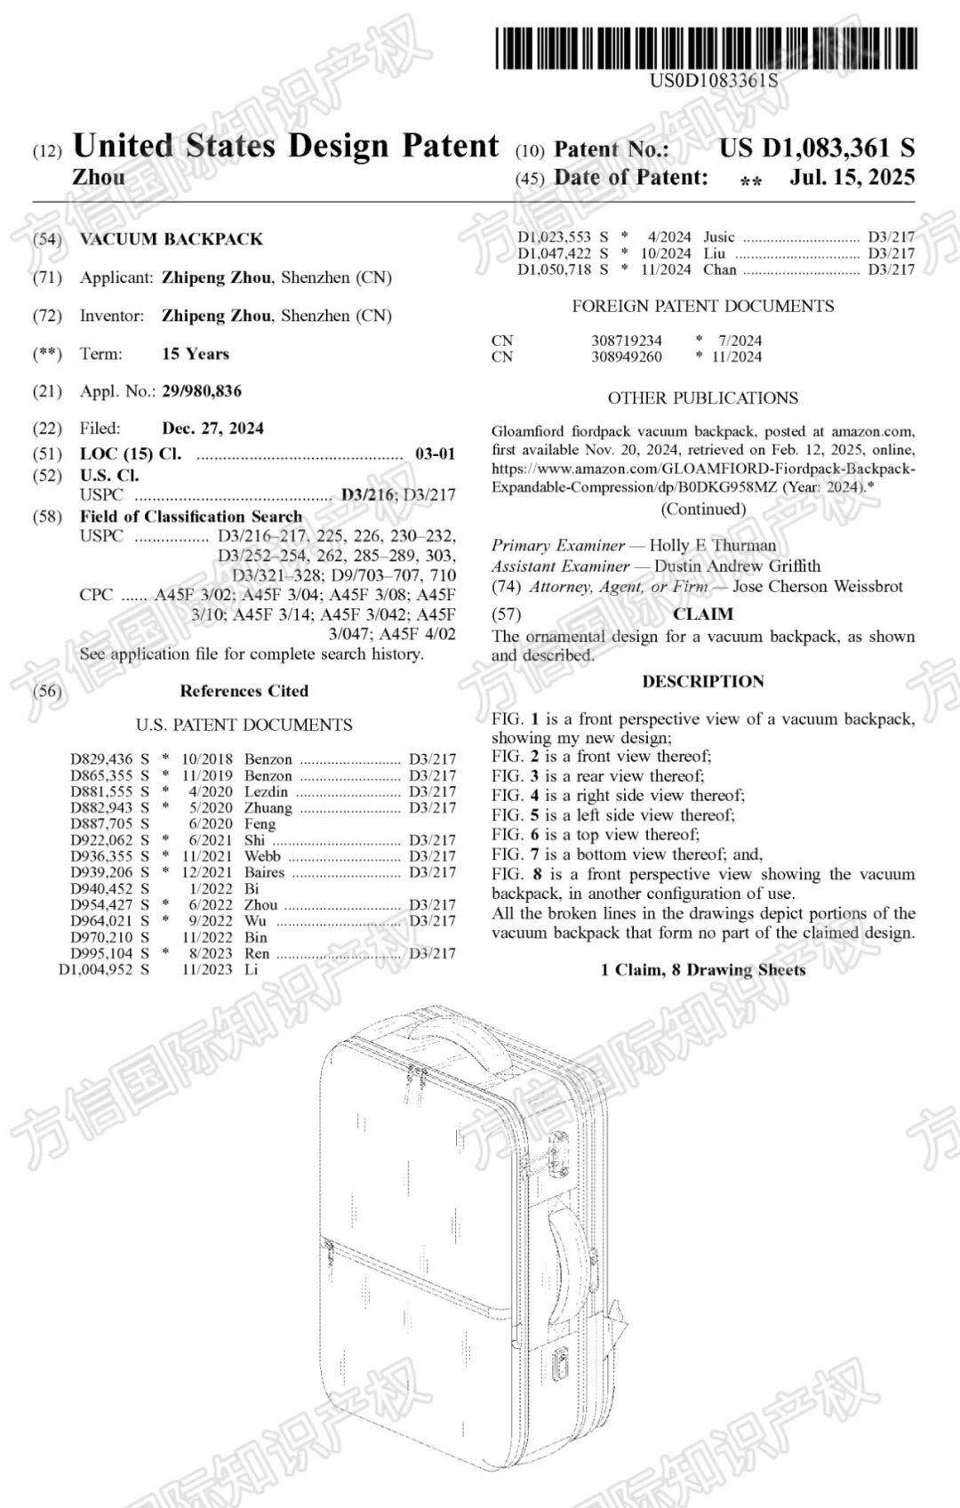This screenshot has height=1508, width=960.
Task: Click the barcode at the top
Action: coord(706,48)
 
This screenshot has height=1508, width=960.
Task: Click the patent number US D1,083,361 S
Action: coord(816,148)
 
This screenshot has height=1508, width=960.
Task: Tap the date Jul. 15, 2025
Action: coord(852,177)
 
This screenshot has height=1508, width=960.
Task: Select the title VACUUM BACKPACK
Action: coord(172,239)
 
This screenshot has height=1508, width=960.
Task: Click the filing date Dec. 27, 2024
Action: coord(212,429)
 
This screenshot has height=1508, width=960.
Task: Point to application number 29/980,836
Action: coord(202,391)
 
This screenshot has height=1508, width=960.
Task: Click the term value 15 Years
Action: coord(196,354)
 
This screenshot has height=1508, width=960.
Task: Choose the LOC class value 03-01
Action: coord(435,453)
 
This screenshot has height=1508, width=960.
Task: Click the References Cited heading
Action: coord(244,691)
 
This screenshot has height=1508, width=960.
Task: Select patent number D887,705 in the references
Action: coord(101,823)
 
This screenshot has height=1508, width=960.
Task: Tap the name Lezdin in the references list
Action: coord(266,791)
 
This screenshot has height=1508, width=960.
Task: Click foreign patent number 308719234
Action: coord(626,341)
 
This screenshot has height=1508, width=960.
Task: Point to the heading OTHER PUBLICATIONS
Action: coord(702,397)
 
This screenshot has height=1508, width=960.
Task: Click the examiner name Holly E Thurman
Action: coord(712,545)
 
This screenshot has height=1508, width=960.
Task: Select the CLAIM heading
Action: coord(702,614)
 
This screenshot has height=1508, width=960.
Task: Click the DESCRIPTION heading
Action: coord(702,682)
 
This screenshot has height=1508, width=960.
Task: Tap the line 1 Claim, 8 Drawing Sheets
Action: coord(702,969)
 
